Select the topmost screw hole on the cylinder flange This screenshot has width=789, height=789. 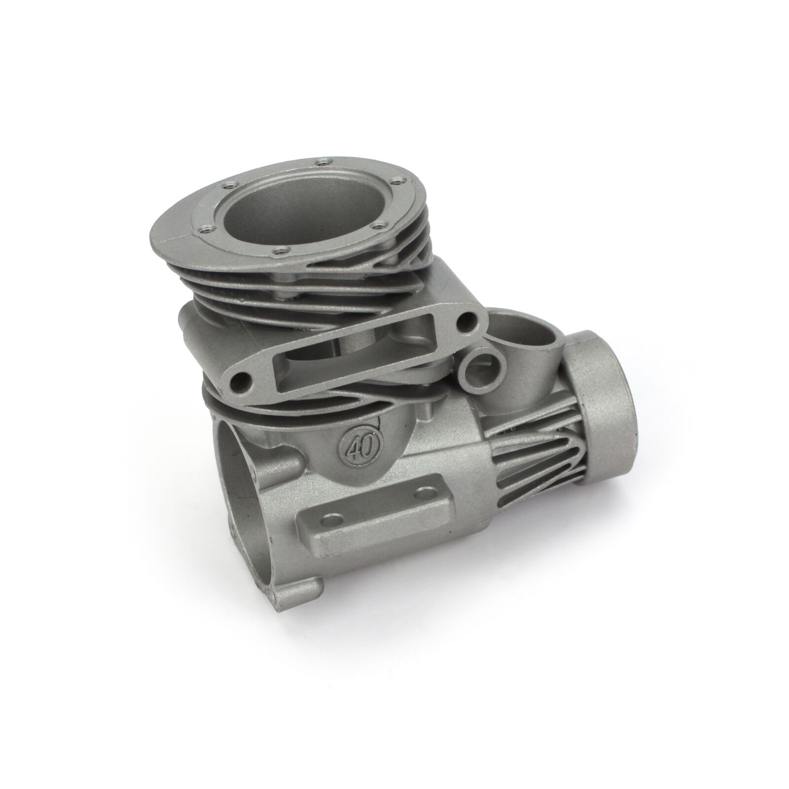click(x=323, y=161)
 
